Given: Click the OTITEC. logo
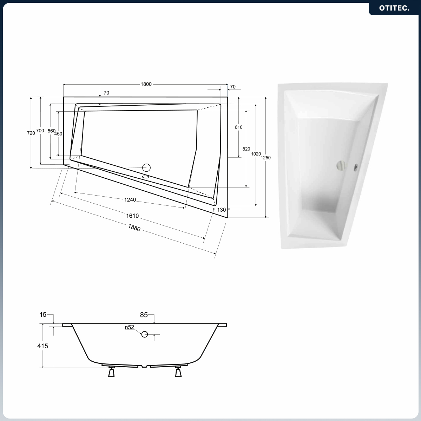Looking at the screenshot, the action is [394, 8].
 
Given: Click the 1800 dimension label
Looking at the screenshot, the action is [146, 84].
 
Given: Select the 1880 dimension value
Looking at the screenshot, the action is [134, 228].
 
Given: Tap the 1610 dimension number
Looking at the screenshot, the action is [132, 216].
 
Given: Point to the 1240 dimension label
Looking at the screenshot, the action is [130, 199].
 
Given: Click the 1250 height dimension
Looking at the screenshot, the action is [265, 158].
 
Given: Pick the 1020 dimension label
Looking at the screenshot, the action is [256, 154].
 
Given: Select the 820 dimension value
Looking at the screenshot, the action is [246, 149].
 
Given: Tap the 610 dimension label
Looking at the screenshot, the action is [238, 127].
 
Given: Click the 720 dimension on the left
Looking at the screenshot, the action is [31, 133].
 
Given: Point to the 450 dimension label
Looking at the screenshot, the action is [58, 134].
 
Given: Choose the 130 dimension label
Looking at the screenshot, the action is [222, 210].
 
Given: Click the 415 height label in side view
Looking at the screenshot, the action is [43, 346].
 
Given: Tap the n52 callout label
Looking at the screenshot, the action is [130, 327].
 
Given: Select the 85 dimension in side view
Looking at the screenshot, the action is [144, 315].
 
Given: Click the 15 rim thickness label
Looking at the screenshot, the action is [43, 314].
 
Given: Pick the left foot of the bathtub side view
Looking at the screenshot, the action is [111, 371].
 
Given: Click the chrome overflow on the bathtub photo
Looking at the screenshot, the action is [341, 165].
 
